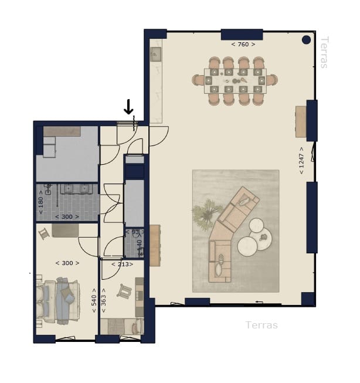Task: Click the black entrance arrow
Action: click(x=128, y=107)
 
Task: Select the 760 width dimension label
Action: click(x=243, y=44)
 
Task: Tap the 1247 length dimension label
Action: click(x=301, y=160)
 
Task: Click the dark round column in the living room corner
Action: click(x=306, y=40)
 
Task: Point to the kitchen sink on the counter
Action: click(x=155, y=55)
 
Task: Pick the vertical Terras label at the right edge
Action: click(x=324, y=52)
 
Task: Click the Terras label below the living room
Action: click(x=261, y=325)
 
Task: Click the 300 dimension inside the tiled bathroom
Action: click(x=67, y=217)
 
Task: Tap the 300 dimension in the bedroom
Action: click(x=67, y=263)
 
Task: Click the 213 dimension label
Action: click(x=121, y=264)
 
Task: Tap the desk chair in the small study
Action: click(x=125, y=290)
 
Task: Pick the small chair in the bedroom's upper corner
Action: click(x=43, y=234)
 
